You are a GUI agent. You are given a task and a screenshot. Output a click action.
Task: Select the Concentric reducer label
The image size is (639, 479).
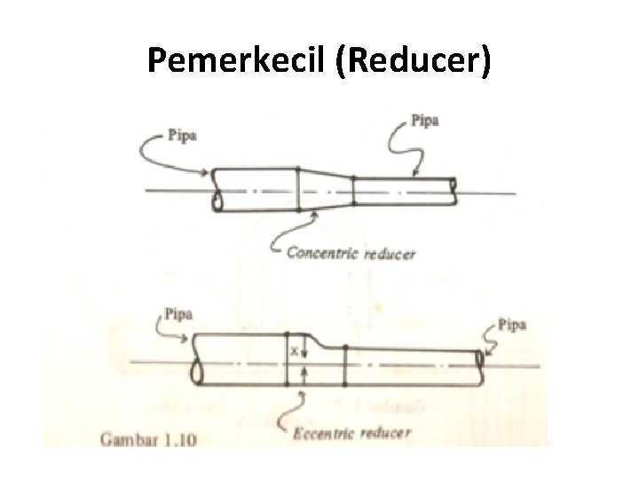(x=351, y=254)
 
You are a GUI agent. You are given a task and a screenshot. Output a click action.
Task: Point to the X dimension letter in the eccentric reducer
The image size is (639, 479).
(x=293, y=352)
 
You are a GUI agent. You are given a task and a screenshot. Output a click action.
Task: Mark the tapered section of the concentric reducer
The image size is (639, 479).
(x=326, y=189)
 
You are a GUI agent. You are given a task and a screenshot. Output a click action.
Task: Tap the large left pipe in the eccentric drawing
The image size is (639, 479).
(x=240, y=359)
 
